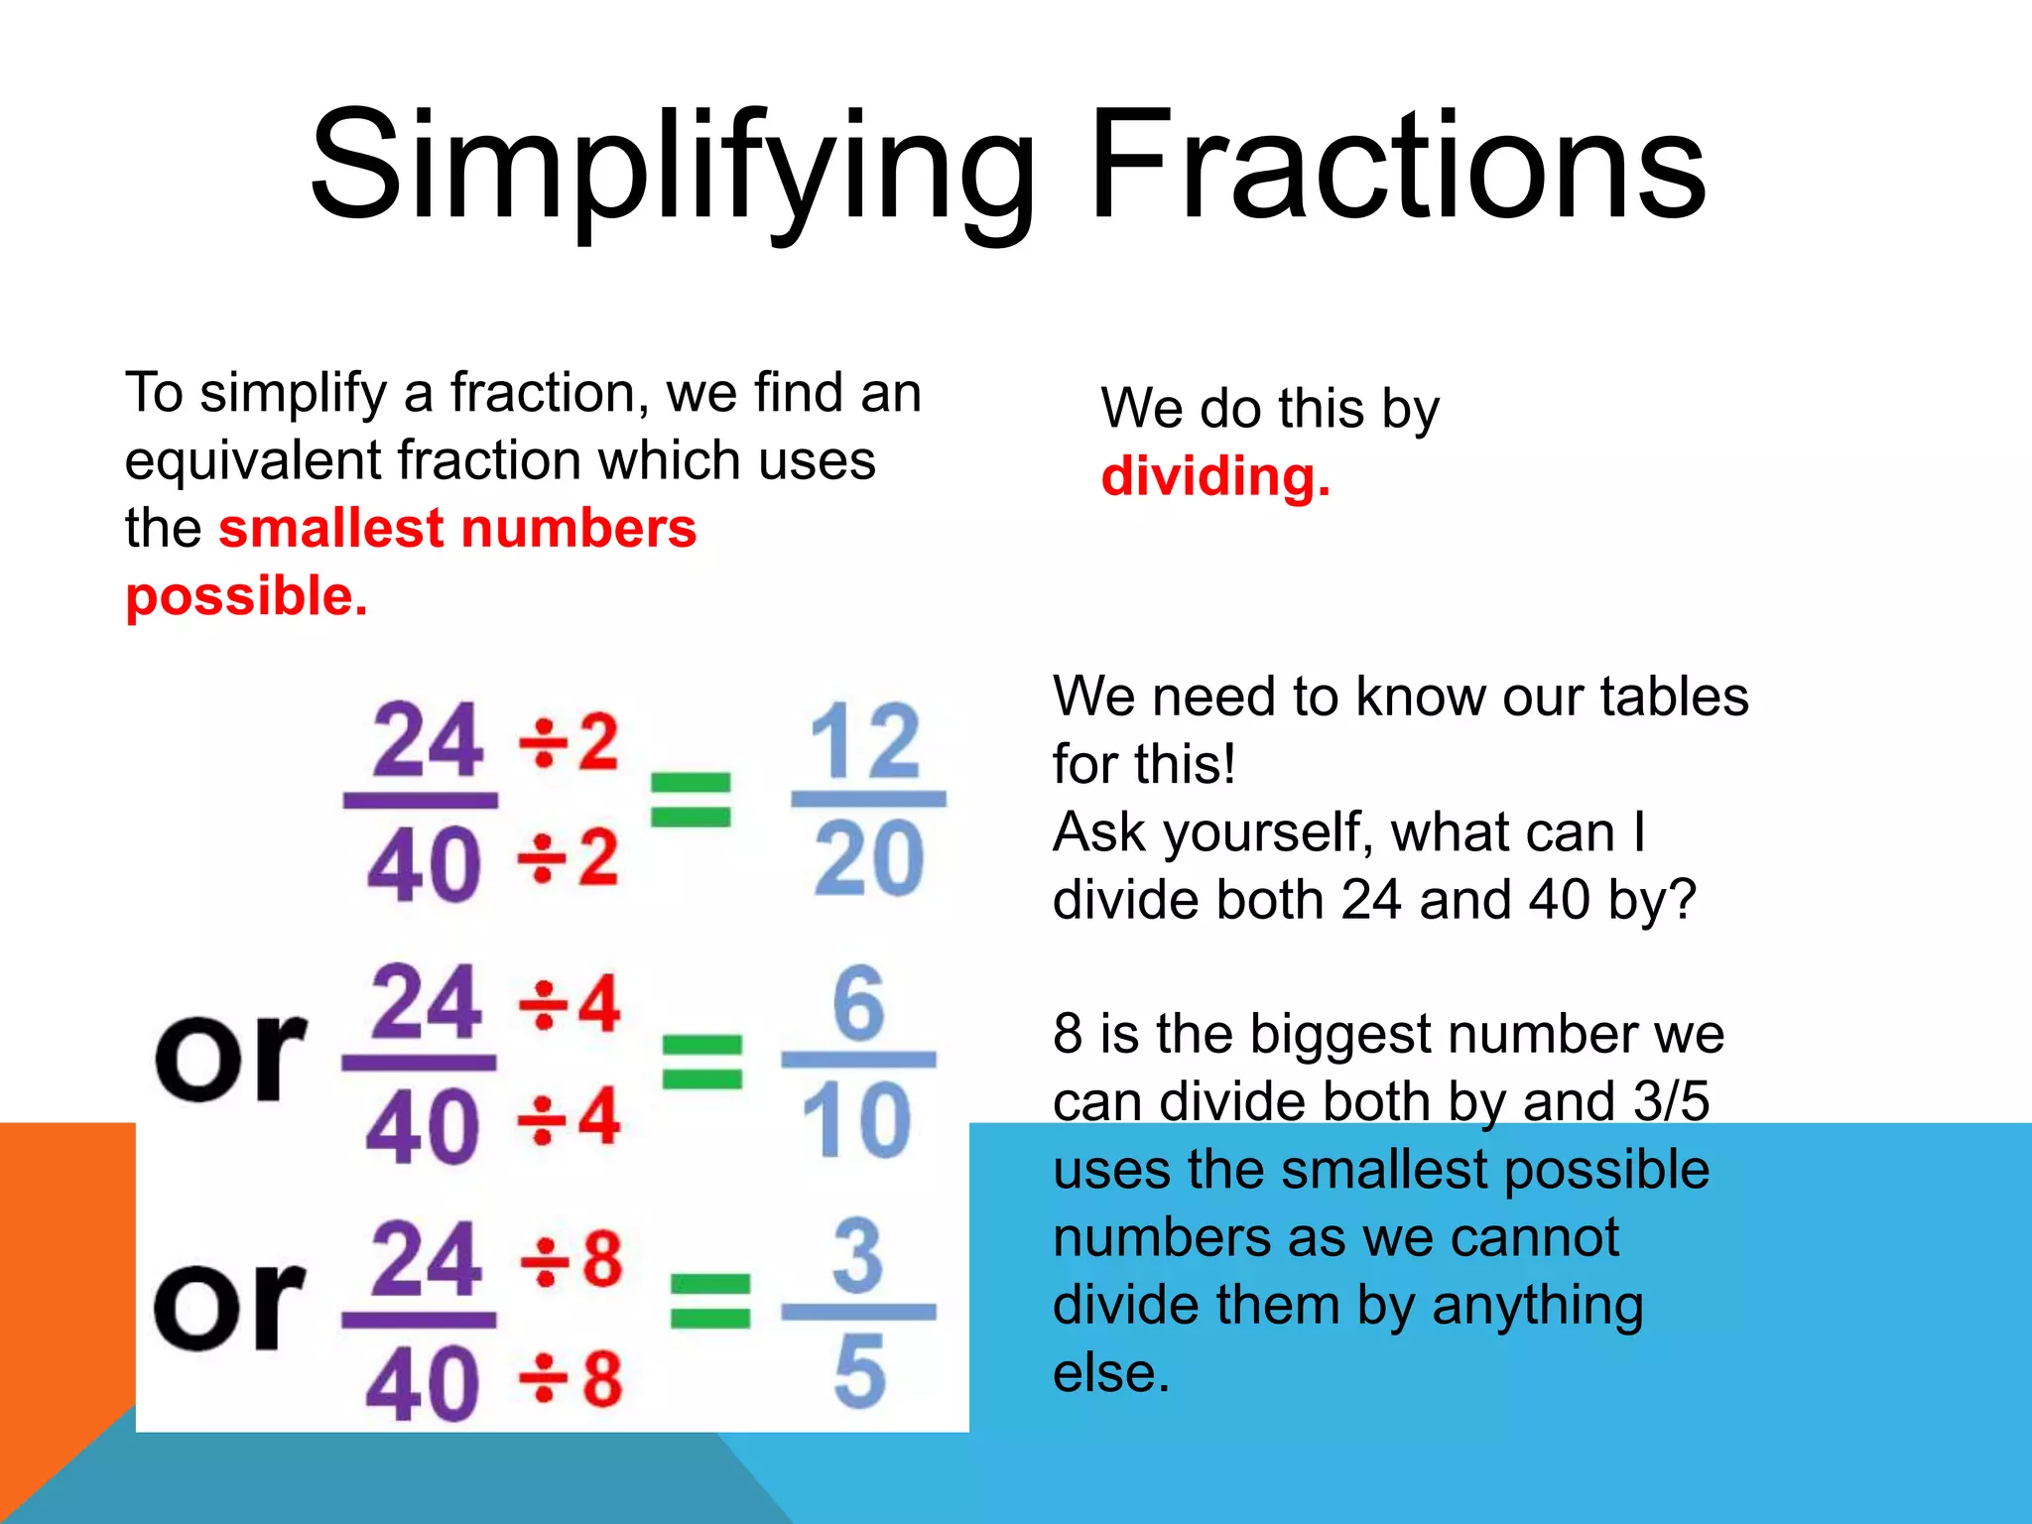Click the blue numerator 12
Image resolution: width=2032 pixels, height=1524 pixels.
point(865,741)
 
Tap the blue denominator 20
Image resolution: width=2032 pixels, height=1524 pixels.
point(869,859)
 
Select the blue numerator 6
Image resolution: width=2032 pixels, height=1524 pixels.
point(858,1003)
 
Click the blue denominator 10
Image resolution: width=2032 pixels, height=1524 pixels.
point(857,1121)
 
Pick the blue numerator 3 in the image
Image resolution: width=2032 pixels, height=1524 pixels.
point(858,1257)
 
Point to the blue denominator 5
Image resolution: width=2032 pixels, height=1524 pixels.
point(859,1372)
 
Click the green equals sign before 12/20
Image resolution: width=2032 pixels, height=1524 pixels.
point(691,800)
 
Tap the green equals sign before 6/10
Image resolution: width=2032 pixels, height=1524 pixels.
point(702,1061)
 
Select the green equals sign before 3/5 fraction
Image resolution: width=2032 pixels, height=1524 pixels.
point(710,1301)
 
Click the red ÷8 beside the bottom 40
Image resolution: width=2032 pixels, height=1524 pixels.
point(572,1379)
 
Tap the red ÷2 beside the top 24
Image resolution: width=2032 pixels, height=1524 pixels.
point(570,741)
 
